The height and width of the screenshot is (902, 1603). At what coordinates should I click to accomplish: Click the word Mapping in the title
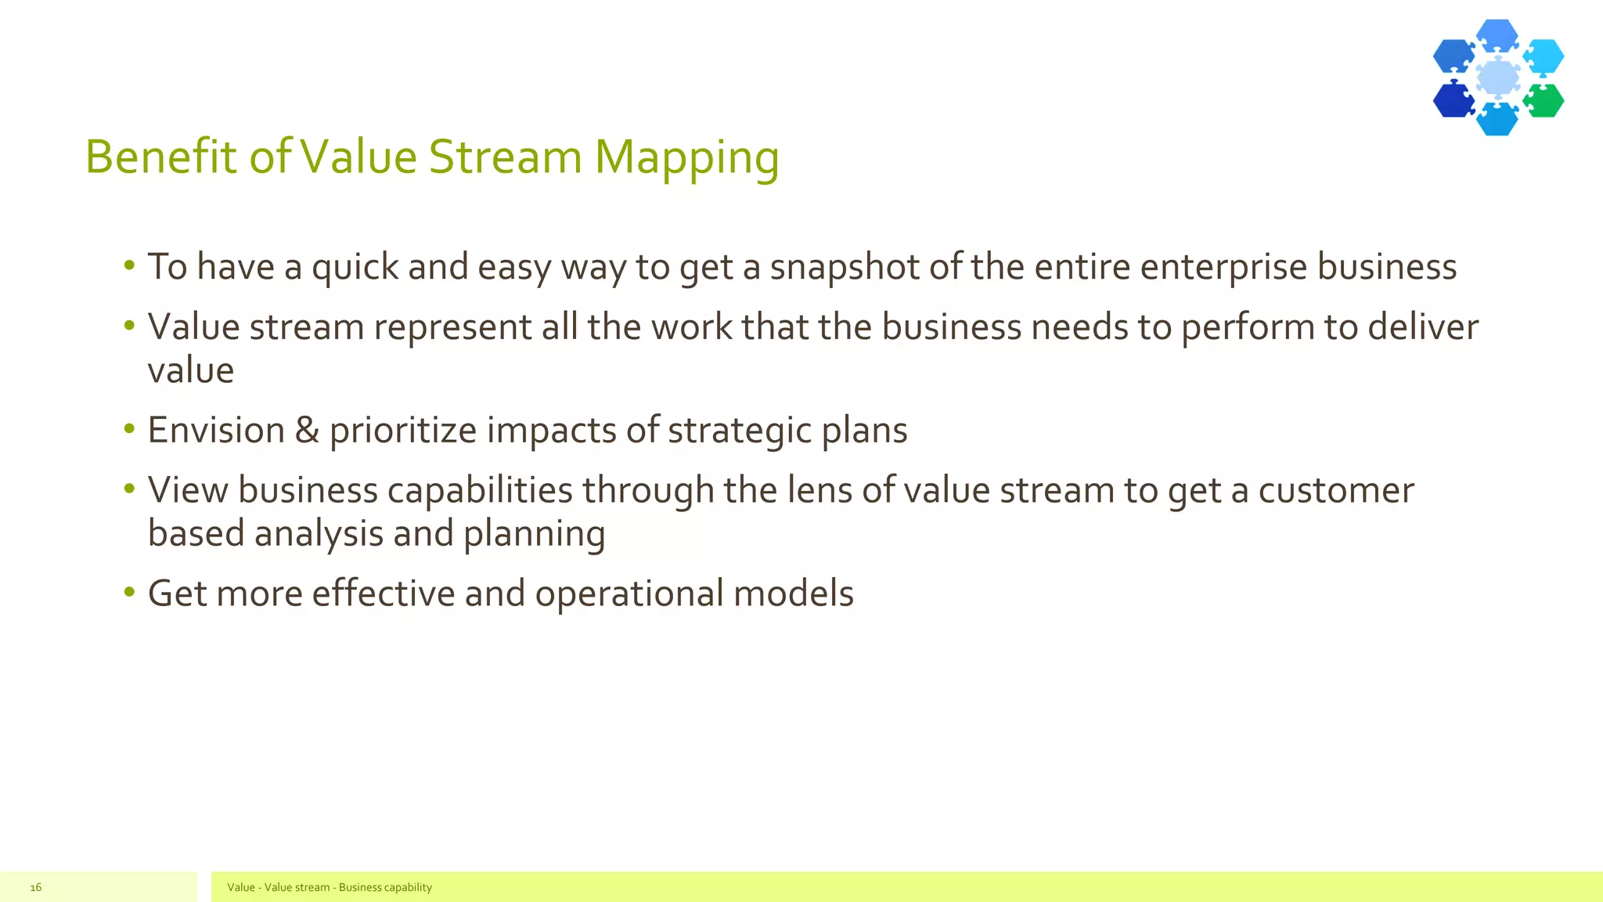[x=686, y=157]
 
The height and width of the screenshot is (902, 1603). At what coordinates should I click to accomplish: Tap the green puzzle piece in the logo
[x=1544, y=101]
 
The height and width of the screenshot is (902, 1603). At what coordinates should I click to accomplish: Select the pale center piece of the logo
[x=1498, y=78]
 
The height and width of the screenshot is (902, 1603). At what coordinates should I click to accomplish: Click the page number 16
[x=35, y=887]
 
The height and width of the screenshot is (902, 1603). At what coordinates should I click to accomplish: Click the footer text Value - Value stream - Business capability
[x=329, y=887]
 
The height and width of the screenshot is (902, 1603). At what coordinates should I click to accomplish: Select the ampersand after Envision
[x=307, y=431]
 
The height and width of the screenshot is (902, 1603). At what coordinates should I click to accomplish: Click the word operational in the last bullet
[x=629, y=594]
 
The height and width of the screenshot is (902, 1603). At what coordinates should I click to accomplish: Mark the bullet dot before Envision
[x=129, y=429]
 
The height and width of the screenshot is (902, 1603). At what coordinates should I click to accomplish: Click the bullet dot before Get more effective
[x=129, y=592]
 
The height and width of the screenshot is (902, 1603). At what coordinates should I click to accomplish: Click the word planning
[x=534, y=534]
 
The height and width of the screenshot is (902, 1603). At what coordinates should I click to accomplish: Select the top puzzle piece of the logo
[x=1497, y=35]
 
